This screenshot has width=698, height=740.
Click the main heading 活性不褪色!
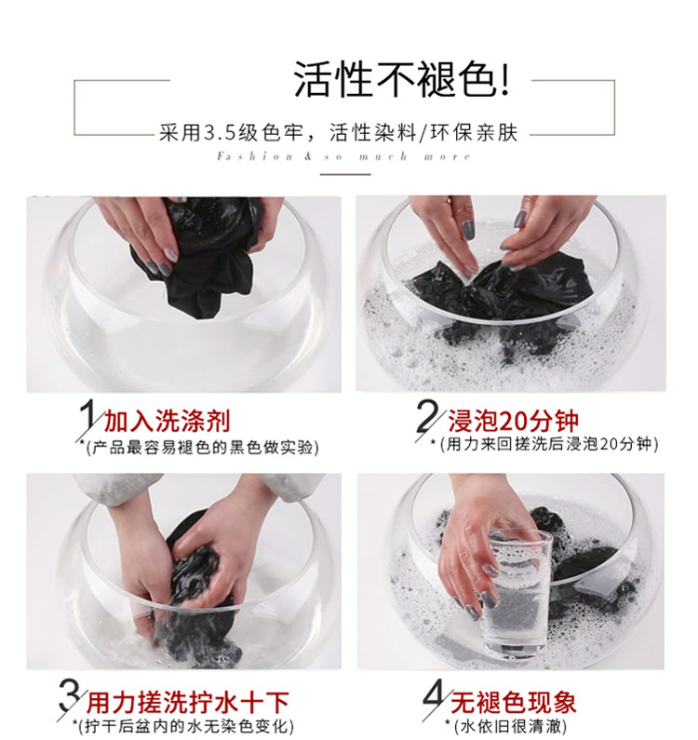click(402, 79)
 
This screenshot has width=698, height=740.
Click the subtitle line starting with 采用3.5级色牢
click(339, 132)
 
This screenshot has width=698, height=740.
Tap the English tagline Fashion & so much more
click(343, 156)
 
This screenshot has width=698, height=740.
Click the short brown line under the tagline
click(345, 174)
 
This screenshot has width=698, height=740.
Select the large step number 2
click(426, 415)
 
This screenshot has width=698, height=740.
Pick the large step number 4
click(435, 697)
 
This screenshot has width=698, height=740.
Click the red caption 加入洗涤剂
click(167, 421)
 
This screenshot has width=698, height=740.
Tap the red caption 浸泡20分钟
click(513, 421)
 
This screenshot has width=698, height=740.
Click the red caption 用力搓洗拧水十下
click(187, 703)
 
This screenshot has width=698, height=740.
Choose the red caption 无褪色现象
click(513, 703)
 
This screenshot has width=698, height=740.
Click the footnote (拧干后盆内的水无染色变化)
click(183, 726)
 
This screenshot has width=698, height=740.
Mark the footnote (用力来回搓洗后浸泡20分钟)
click(544, 444)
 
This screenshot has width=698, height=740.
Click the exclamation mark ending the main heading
click(505, 80)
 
